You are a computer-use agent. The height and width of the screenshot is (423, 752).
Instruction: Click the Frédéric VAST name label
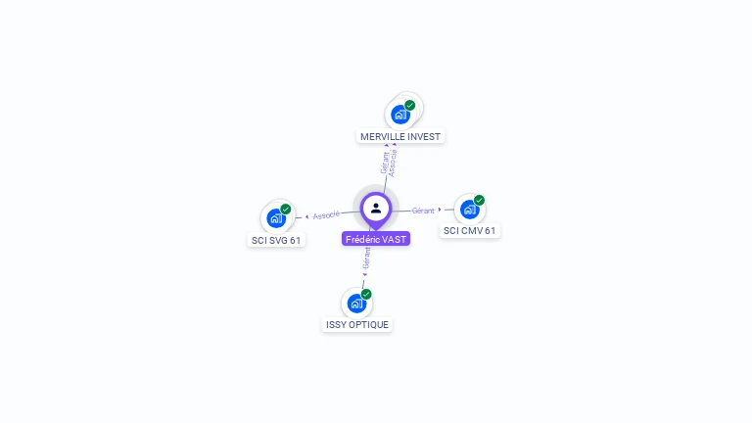click(376, 239)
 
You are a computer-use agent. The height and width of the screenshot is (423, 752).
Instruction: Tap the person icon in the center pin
click(376, 209)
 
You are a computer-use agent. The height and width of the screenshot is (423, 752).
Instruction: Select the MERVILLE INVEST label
click(400, 137)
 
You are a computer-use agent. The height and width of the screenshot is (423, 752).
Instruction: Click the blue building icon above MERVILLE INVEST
click(399, 116)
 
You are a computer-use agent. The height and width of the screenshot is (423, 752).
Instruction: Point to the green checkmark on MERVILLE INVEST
click(409, 105)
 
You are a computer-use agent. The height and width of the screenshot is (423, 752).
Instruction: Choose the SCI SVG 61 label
click(276, 240)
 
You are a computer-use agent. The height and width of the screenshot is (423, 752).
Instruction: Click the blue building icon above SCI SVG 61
click(276, 218)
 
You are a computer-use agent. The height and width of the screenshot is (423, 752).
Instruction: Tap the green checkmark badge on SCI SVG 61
click(286, 210)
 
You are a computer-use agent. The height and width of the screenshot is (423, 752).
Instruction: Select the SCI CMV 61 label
click(470, 231)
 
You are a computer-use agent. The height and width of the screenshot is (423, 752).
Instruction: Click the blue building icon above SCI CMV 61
click(470, 210)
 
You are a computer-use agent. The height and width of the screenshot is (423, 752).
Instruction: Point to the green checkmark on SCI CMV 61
click(479, 200)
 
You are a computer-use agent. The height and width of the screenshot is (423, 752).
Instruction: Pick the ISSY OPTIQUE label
click(357, 325)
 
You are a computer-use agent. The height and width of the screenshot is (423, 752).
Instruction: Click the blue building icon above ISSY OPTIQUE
click(356, 304)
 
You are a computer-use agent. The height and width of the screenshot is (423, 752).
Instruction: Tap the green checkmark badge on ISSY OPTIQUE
click(366, 294)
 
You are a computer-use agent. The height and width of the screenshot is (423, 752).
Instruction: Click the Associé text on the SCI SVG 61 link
click(326, 214)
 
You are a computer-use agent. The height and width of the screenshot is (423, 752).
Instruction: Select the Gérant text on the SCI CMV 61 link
click(423, 211)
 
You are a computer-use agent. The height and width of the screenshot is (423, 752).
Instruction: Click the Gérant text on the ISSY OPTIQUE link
click(366, 258)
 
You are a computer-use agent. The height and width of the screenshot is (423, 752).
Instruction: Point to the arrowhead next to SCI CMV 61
click(440, 210)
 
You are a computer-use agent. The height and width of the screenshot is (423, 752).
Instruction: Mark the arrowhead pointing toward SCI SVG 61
click(306, 216)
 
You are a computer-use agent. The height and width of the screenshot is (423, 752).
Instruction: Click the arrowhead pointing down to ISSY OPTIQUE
click(364, 275)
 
